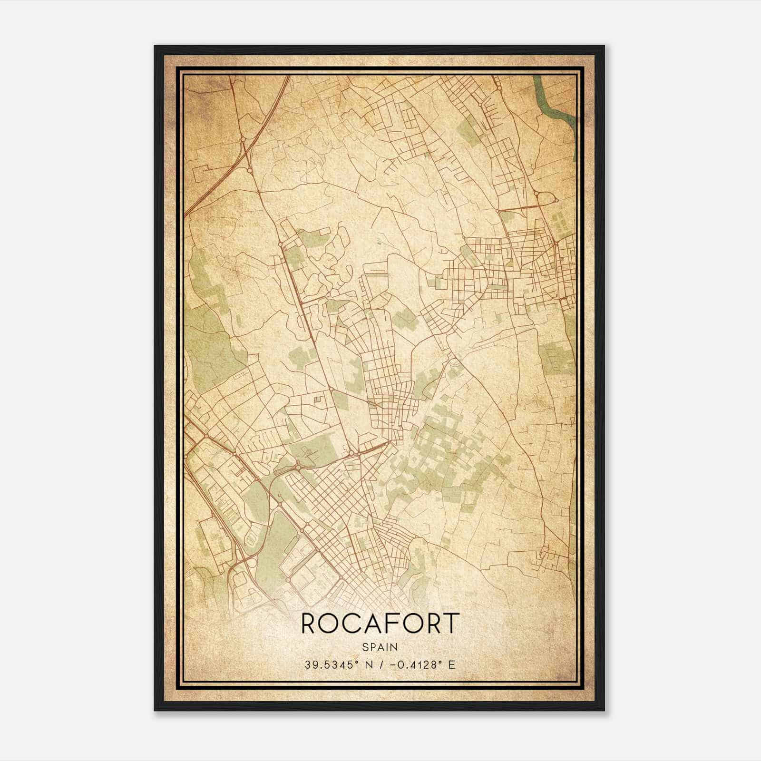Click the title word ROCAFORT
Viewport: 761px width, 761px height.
click(x=380, y=623)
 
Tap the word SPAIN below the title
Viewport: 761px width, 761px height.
click(x=380, y=647)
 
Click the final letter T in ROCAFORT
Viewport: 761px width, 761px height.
click(x=452, y=623)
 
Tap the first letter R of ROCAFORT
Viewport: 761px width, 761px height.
click(x=308, y=623)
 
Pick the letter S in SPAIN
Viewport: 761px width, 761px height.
click(x=364, y=647)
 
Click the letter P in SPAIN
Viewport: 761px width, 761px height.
click(x=372, y=647)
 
